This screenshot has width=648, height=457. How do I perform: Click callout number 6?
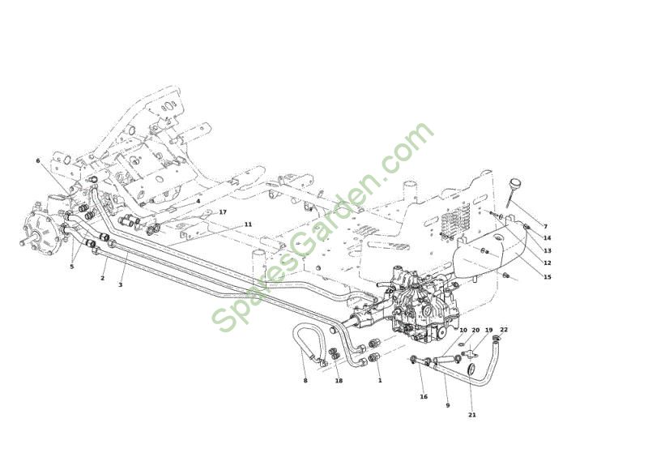tap(38, 160)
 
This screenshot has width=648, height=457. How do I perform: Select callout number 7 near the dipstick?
tap(545, 226)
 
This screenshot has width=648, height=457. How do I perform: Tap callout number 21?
tap(472, 414)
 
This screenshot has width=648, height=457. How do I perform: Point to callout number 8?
tap(305, 381)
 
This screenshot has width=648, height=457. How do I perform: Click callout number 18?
tap(339, 381)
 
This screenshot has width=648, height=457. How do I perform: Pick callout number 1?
tap(380, 380)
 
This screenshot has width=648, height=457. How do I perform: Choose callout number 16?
tap(424, 396)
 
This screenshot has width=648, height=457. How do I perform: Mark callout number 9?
tap(448, 405)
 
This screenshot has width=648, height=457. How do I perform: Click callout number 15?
tap(548, 276)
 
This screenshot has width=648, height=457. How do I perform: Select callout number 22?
tap(504, 329)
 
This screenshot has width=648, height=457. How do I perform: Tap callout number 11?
tap(248, 224)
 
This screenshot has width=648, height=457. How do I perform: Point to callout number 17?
tap(223, 211)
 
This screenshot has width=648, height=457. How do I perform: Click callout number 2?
tap(103, 278)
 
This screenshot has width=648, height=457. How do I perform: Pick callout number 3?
tap(120, 284)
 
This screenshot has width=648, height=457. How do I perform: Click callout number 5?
tap(71, 267)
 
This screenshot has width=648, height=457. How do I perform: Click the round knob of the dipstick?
tap(514, 182)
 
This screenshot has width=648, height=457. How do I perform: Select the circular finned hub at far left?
tap(40, 234)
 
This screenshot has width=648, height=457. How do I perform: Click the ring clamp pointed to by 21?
tap(471, 369)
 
